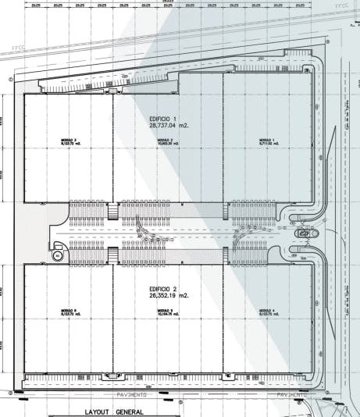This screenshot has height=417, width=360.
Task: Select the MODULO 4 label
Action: coord(269,311)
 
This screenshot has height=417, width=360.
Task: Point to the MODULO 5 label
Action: coord(165,311)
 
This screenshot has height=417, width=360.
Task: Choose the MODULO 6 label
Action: coord(69,311)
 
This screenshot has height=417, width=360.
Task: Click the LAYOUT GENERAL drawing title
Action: coord(114,412)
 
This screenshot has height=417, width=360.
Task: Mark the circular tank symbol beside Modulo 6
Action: coord(57,255)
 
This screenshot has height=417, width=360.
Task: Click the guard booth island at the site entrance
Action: coord(303,233)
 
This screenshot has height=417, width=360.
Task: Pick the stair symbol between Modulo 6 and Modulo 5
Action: coord(113,255)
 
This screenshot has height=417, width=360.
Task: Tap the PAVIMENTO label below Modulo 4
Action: coord(290,394)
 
